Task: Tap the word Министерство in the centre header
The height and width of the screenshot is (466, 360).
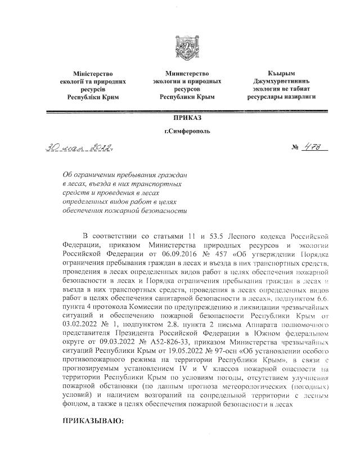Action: pos(187,74)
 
